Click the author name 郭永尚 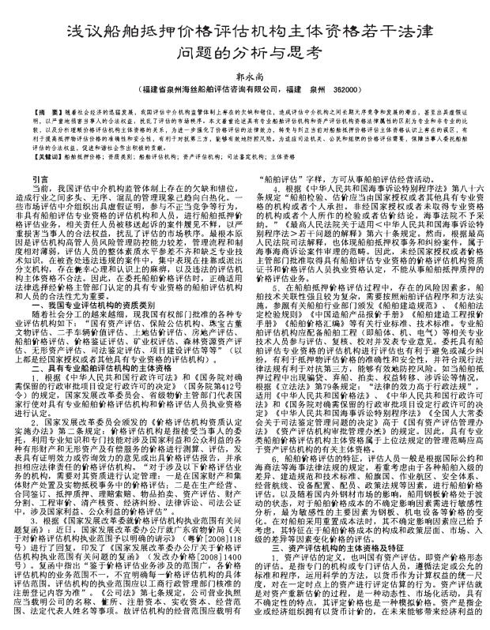click(244, 77)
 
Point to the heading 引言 click(47, 180)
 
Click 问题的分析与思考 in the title click(244, 51)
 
